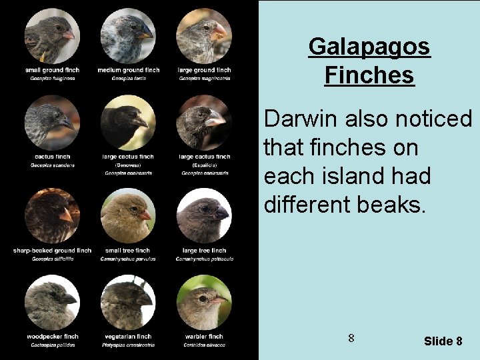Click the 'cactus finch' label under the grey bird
[52, 157]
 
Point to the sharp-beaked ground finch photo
[52, 216]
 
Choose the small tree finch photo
[128, 216]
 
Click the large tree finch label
[204, 251]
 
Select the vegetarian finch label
[128, 337]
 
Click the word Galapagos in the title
[369, 47]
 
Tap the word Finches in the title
[369, 75]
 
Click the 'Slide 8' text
[443, 341]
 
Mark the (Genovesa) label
[128, 165]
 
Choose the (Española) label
[204, 165]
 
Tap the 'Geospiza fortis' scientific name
[128, 78]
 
